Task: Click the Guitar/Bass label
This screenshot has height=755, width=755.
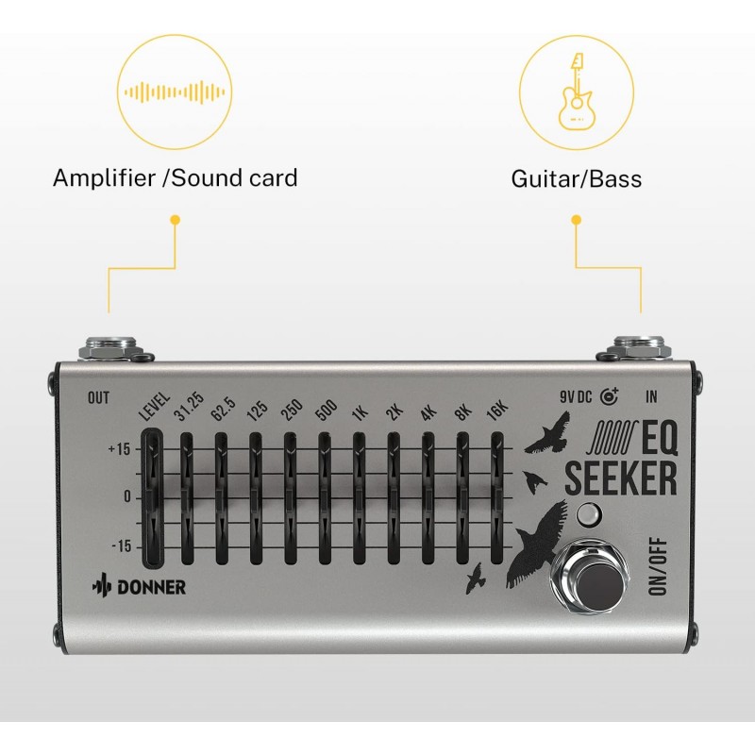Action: (576, 177)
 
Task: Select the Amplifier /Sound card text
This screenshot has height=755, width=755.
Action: (175, 176)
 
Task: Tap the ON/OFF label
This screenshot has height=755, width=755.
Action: (661, 565)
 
